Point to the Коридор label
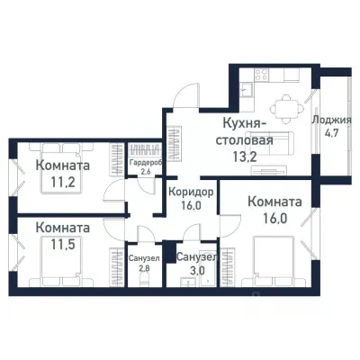pyautogui.click(x=190, y=192)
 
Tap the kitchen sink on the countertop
pyautogui.click(x=246, y=88)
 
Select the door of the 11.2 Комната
pyautogui.click(x=114, y=191)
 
